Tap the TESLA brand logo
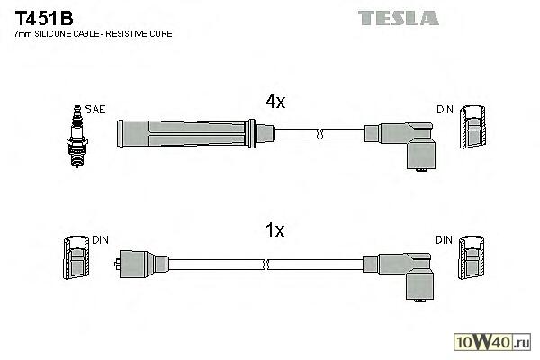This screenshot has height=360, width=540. pyautogui.click(x=399, y=17)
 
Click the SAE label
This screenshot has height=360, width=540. pyautogui.click(x=95, y=110)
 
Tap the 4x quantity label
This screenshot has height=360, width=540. pyautogui.click(x=274, y=103)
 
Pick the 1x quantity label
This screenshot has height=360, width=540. pyautogui.click(x=274, y=230)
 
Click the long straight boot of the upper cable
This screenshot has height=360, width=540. pyautogui.click(x=184, y=133)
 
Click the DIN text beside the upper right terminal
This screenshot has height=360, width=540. pyautogui.click(x=445, y=110)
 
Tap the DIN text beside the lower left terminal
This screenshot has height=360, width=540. pyautogui.click(x=100, y=240)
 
